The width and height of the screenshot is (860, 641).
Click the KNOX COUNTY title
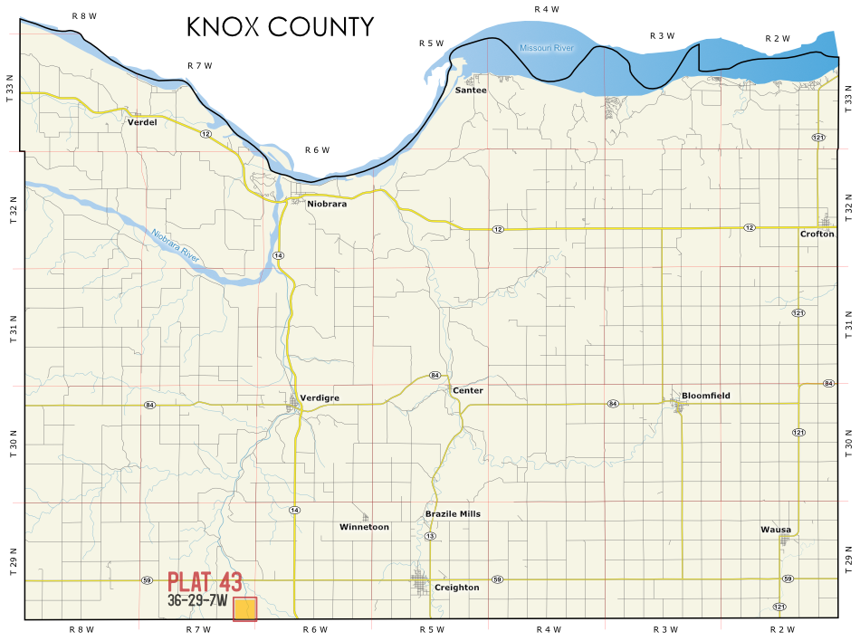pyautogui.click(x=280, y=27)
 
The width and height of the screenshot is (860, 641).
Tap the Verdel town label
pyautogui.click(x=142, y=122)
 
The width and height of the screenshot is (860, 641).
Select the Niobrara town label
pyautogui.click(x=327, y=204)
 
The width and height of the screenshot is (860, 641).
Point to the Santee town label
pyautogui.click(x=471, y=91)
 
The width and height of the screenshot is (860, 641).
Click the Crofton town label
pyautogui.click(x=817, y=234)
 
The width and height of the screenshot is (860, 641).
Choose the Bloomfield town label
pyautogui.click(x=705, y=396)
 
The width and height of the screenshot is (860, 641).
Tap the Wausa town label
pyautogui.click(x=776, y=530)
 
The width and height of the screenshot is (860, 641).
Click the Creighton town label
pyautogui.click(x=456, y=588)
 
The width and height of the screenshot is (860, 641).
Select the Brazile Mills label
pyautogui.click(x=453, y=513)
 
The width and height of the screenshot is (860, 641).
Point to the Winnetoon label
pyautogui.click(x=364, y=527)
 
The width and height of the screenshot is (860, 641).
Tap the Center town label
pyautogui.click(x=468, y=390)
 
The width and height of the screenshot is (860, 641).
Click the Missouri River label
pyautogui.click(x=547, y=48)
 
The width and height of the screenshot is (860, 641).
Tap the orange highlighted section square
pyautogui.click(x=244, y=609)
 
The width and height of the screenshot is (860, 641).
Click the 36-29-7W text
pyautogui.click(x=196, y=600)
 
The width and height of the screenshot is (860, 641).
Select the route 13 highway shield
pyautogui.click(x=430, y=537)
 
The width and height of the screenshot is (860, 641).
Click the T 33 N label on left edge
pyautogui.click(x=11, y=91)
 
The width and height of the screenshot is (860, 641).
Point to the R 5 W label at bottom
pyautogui.click(x=432, y=629)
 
